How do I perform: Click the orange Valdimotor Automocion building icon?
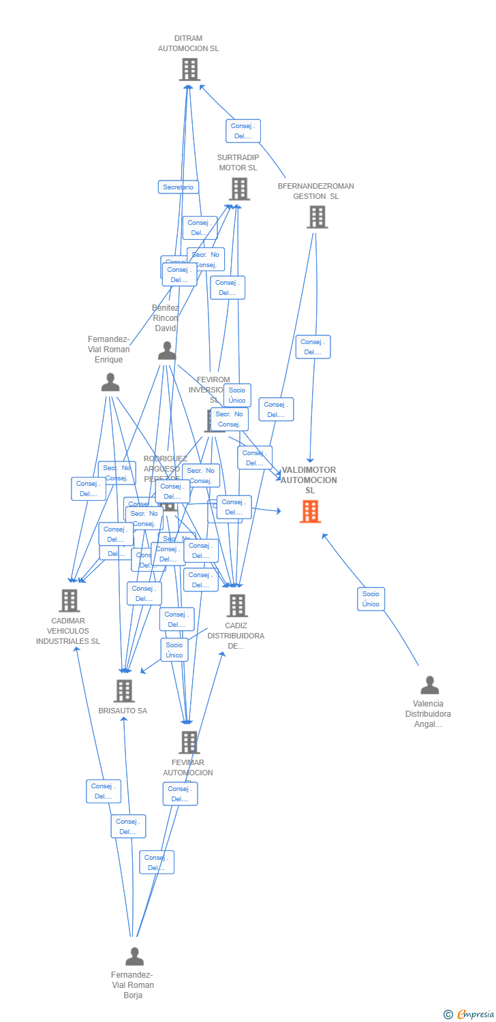pos(310,511)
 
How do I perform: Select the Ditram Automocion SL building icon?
pos(189,69)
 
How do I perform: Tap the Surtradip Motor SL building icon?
pos(238,189)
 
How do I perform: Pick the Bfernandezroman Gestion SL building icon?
pos(317,217)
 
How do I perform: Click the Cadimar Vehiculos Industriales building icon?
pos(69,600)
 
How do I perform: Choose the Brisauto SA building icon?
pos(123,690)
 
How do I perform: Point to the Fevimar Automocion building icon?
pos(188,742)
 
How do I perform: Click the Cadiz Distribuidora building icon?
pos(236,605)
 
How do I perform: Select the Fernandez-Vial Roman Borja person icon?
pos(134,957)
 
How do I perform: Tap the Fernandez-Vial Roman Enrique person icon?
pos(110,382)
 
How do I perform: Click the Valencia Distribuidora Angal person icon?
pos(429,685)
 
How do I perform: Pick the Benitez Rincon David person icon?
pos(166,351)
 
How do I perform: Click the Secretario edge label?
pos(179,187)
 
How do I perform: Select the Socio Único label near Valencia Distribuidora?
pos(371,599)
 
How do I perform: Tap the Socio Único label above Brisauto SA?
pos(174,650)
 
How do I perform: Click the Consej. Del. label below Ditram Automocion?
pos(243,131)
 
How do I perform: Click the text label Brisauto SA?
pos(123,711)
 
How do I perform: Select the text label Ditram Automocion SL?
pos(188,44)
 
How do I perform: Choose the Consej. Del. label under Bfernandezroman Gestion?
pos(313,347)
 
